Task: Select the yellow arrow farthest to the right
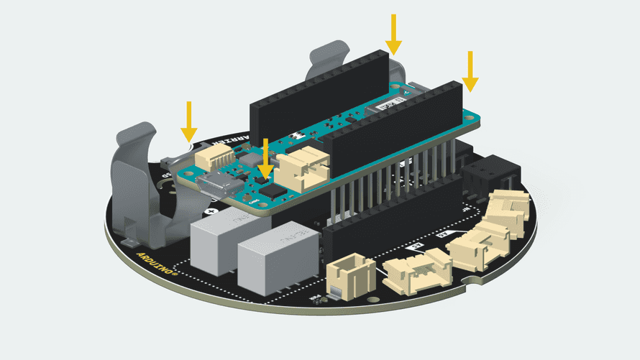[470, 71]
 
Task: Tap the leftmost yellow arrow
[189, 121]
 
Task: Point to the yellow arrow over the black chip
[266, 159]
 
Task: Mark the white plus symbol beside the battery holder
[209, 212]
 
